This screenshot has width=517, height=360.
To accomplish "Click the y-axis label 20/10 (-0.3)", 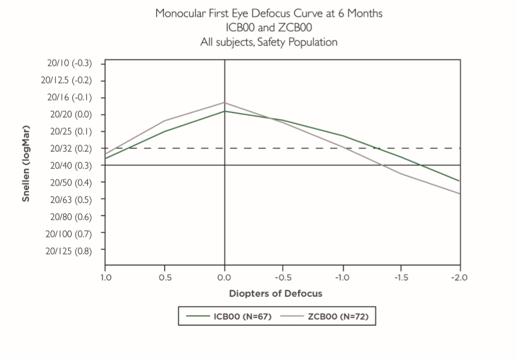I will tap(70, 63).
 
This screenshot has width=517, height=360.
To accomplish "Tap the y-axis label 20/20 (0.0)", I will tap(70, 114).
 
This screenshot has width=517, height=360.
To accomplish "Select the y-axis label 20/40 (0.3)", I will tap(70, 165).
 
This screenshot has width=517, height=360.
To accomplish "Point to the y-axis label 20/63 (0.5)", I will tap(70, 199).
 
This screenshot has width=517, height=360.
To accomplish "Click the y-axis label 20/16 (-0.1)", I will tap(70, 97).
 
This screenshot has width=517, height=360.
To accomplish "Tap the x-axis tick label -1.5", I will tap(400, 277).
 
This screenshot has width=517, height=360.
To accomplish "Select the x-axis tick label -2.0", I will tap(460, 277).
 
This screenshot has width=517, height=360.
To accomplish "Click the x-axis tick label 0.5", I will tap(165, 277).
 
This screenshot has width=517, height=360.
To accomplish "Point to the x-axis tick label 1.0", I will tap(106, 277).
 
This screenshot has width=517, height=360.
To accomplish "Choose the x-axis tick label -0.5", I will tap(282, 277).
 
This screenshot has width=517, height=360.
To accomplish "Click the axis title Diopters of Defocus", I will tap(276, 294).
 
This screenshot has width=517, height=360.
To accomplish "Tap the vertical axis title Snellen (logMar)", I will tap(26, 163).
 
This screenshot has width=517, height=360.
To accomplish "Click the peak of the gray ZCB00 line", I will tap(224, 102).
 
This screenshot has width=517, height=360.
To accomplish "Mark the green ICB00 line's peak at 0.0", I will tap(224, 111).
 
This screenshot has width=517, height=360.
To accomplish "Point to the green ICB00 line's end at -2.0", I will tap(460, 181).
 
